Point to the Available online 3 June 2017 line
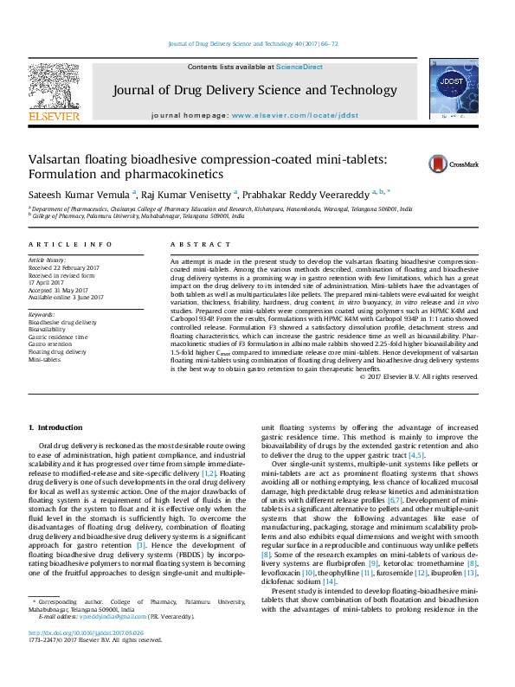point(66,297)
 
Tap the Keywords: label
point(42,314)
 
